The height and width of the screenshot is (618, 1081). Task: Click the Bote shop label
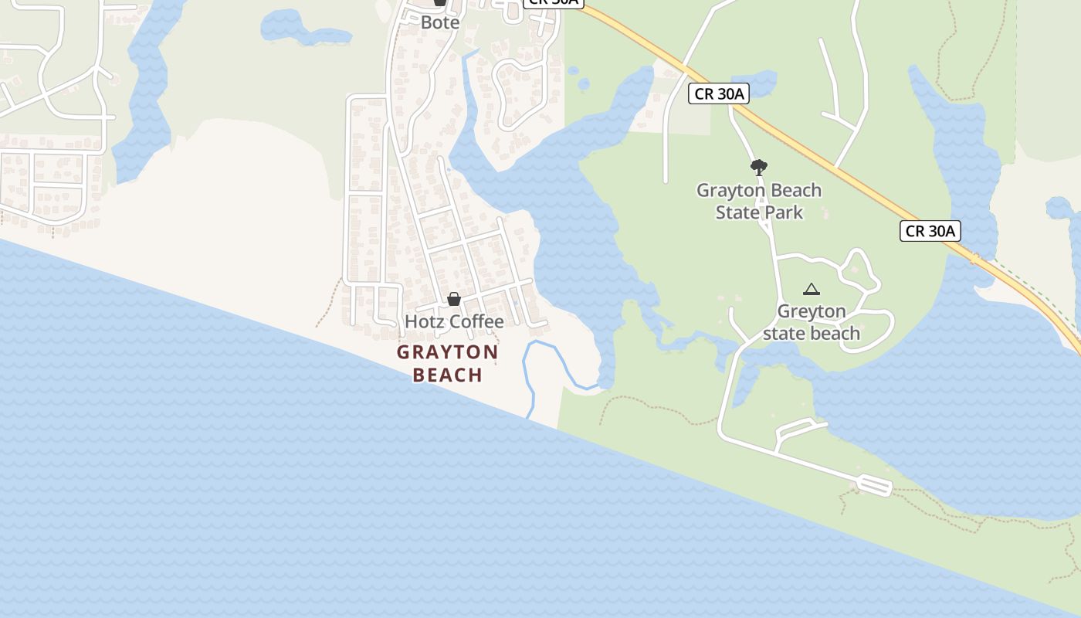click(x=440, y=22)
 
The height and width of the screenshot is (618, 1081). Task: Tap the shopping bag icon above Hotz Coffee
click(x=454, y=299)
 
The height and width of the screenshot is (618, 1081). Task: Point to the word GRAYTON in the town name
click(x=448, y=353)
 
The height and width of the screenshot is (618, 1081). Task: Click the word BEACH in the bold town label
click(x=448, y=375)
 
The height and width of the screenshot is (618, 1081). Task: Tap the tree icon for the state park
click(x=759, y=167)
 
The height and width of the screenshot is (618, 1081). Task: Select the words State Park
click(x=759, y=212)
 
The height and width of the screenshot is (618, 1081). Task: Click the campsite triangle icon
click(x=811, y=290)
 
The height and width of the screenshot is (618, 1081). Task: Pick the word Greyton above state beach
click(x=812, y=311)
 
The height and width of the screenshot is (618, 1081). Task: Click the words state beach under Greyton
click(x=812, y=334)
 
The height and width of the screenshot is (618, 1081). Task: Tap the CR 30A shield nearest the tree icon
click(x=719, y=94)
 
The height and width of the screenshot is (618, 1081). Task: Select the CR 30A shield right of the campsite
click(x=930, y=231)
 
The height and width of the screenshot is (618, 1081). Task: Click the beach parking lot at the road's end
click(x=874, y=485)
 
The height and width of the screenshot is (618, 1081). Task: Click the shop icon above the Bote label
click(x=440, y=2)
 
